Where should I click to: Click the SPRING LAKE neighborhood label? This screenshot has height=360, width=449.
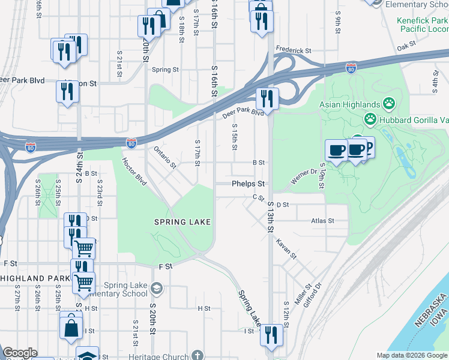click(x=182, y=222)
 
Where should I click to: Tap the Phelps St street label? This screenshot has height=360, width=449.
click(x=249, y=184)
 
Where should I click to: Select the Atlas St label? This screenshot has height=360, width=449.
click(x=322, y=221)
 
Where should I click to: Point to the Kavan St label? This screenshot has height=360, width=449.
click(x=286, y=248)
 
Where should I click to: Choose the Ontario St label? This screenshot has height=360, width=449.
click(x=164, y=157)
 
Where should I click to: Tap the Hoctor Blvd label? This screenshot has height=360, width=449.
click(x=134, y=170)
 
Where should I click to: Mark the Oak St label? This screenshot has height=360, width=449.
click(x=406, y=46)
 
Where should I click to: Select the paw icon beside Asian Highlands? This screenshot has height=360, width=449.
click(x=389, y=104)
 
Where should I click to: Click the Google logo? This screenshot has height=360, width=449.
click(x=20, y=353)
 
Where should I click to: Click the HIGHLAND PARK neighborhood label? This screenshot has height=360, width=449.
click(x=32, y=278)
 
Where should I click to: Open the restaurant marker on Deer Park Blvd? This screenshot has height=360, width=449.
click(x=267, y=98)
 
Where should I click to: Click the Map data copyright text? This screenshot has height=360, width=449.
click(x=411, y=355)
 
